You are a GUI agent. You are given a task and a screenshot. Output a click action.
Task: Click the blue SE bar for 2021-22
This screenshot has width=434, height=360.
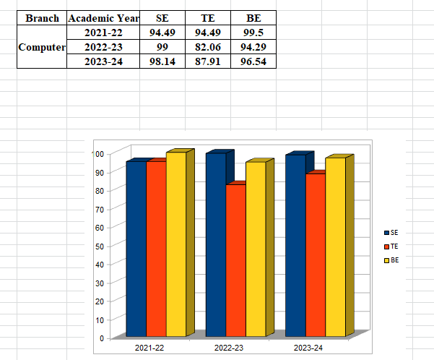click(x=136, y=249)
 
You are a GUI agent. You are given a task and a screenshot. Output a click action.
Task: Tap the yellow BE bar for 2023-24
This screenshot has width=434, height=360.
click(x=335, y=247)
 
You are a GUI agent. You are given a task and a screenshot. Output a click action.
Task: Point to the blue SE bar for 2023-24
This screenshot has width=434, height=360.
click(x=295, y=246)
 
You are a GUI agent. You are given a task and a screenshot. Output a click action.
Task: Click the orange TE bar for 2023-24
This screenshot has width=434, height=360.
click(x=315, y=255)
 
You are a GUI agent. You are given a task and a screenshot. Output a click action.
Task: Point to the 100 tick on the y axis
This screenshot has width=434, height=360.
click(x=97, y=153)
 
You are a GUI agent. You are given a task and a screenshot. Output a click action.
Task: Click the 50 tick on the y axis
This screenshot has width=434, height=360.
click(x=98, y=246)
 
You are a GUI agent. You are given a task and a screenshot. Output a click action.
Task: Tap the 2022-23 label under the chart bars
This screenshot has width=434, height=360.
click(x=229, y=348)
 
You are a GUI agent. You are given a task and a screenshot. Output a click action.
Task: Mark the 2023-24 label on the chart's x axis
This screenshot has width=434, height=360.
click(x=308, y=348)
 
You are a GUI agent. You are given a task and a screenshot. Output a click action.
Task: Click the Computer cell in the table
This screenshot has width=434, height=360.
click(x=42, y=47)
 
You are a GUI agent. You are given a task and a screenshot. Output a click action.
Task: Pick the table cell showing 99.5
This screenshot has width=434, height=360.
click(x=253, y=33)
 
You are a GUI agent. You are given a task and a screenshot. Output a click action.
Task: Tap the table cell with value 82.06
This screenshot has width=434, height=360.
click(x=207, y=47)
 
